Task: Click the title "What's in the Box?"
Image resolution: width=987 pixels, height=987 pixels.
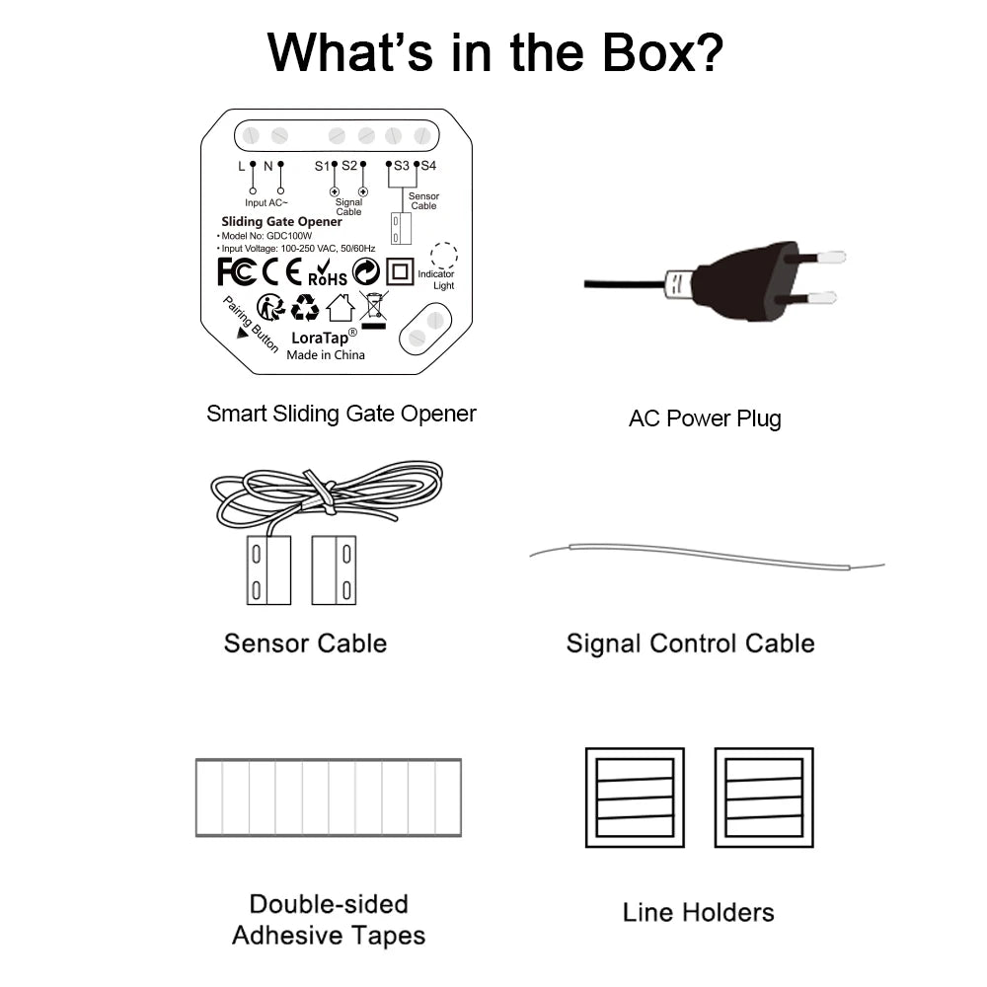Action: (494, 52)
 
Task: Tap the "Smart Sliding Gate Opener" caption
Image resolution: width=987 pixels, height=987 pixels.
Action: (341, 414)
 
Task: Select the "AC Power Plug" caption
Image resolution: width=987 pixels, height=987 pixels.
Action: (705, 418)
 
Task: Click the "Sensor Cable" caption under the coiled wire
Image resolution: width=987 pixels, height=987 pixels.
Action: (305, 644)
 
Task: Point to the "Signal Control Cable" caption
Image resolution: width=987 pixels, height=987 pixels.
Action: (690, 644)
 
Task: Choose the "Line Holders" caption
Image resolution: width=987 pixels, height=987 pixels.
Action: (698, 912)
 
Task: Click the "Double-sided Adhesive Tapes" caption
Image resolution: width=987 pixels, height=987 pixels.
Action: (329, 919)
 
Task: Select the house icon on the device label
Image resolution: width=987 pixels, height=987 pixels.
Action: (340, 307)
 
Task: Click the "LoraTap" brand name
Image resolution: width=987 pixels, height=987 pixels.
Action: (317, 337)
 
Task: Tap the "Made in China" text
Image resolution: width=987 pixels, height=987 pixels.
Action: (326, 355)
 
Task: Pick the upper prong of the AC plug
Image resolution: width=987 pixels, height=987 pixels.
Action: (823, 257)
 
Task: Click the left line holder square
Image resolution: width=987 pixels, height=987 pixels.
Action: (635, 797)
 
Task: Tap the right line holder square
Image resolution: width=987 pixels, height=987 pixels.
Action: (764, 797)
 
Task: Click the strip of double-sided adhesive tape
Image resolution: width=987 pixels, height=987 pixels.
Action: (329, 797)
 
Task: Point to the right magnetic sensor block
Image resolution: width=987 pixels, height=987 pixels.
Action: (334, 569)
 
